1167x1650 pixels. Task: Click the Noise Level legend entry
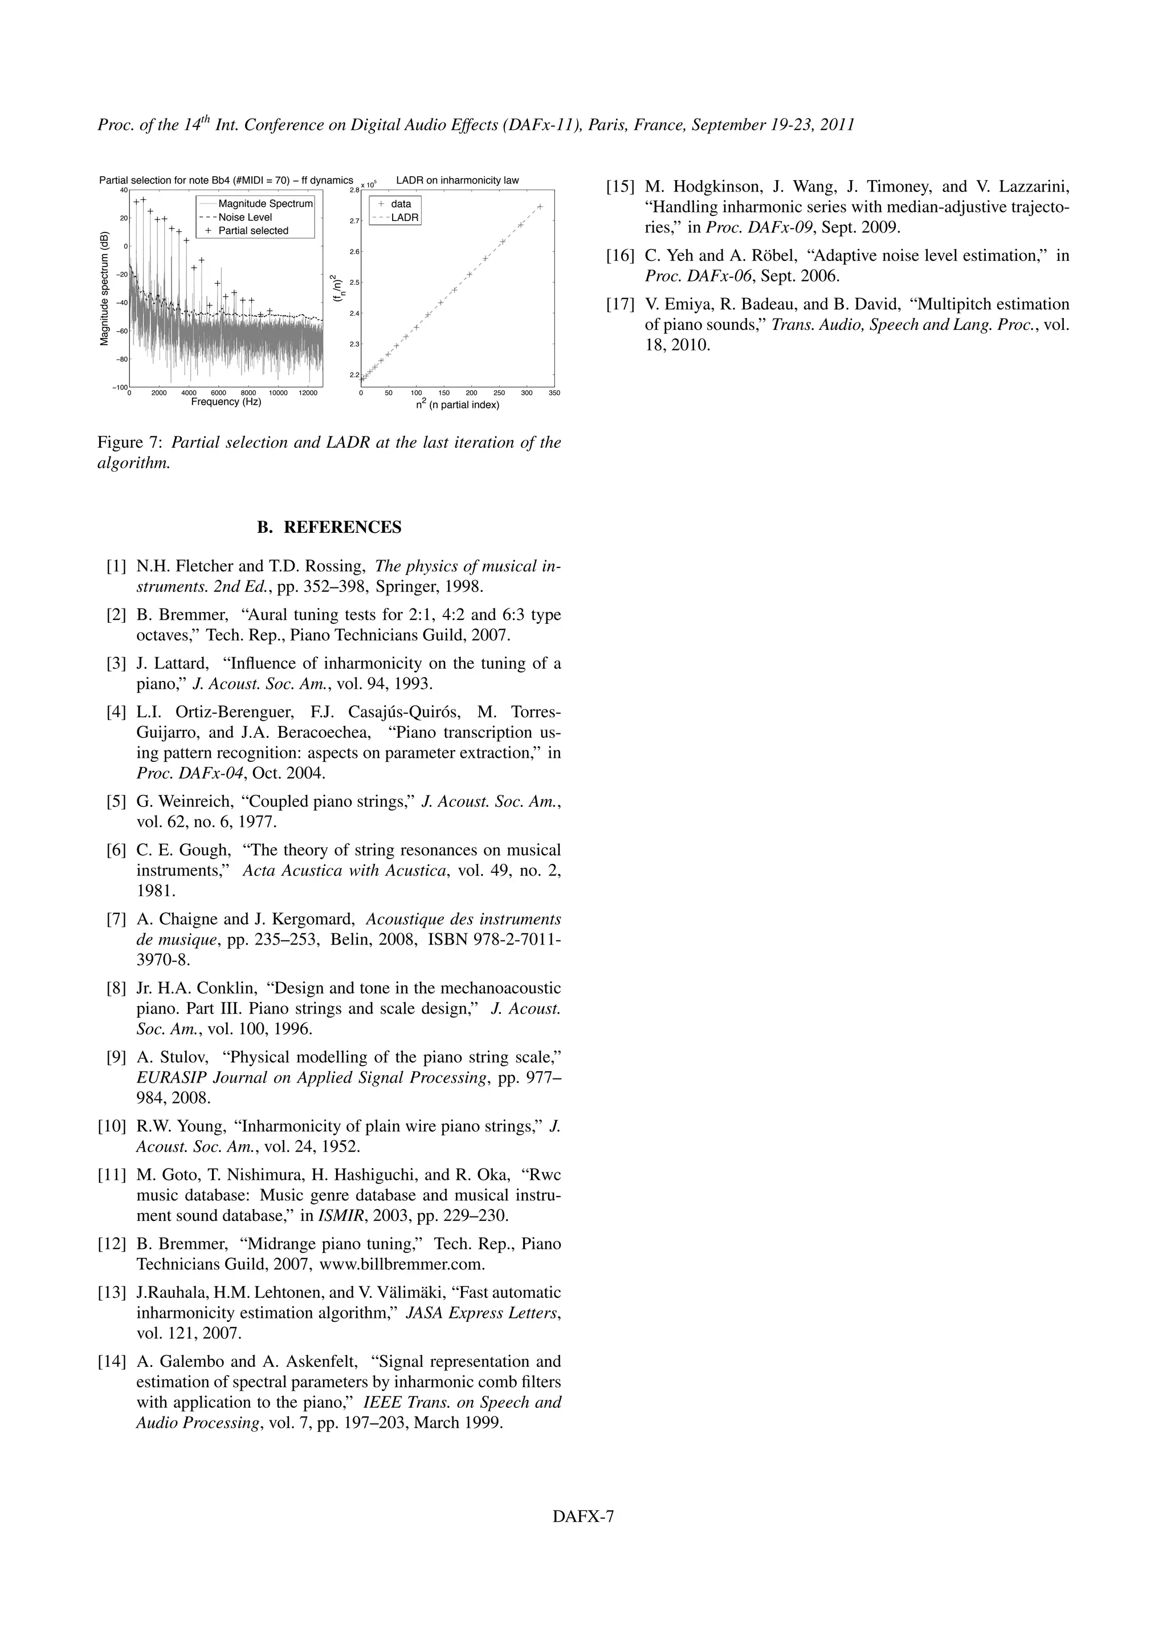244,217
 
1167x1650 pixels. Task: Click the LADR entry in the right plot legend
405,218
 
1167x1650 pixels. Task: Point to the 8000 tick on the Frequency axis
248,393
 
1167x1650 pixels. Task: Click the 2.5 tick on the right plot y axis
353,283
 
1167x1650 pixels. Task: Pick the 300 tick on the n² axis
526,393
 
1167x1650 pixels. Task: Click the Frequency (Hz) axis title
226,402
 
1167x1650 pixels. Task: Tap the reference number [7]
116,920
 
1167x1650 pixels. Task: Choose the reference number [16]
620,256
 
